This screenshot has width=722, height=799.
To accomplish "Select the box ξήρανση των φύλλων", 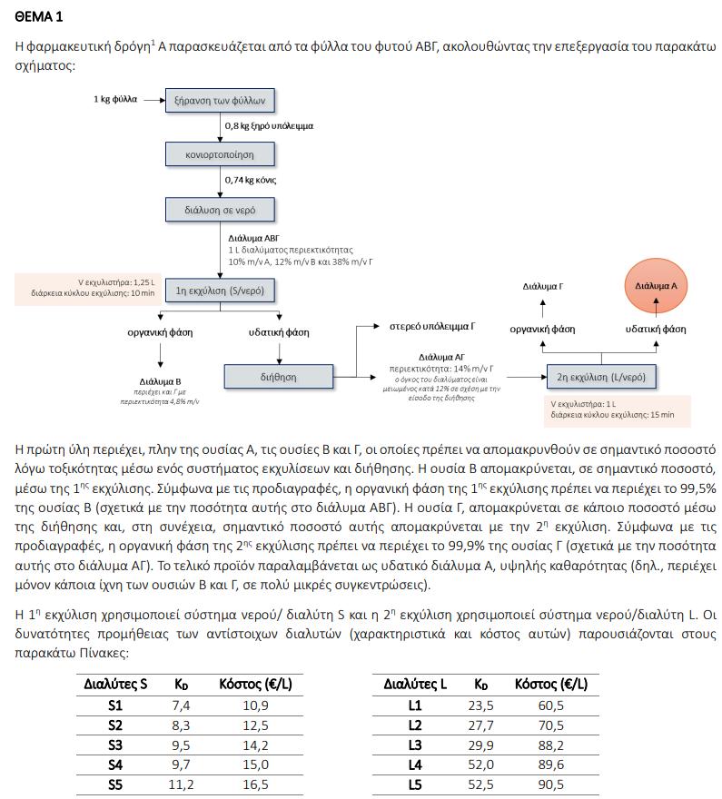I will tap(220, 100).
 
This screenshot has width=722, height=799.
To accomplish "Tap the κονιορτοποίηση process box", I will tap(220, 154).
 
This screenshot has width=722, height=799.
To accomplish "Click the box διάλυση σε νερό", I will tap(220, 210).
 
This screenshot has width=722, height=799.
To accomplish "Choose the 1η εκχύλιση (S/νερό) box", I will tap(221, 291).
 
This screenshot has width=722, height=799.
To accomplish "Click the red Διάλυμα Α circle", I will tap(656, 285).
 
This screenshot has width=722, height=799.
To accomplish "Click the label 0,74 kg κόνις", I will tap(251, 180).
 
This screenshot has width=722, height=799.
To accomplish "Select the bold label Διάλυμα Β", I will tap(161, 381).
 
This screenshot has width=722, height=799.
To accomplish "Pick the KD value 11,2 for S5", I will tap(181, 784).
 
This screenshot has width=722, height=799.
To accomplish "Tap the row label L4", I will tap(415, 764).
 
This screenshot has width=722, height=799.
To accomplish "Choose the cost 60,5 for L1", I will tap(550, 705).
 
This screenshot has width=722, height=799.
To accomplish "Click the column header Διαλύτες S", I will tap(115, 684).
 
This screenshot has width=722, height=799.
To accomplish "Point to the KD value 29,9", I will tap(480, 745).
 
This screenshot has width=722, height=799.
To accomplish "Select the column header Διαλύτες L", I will tap(415, 684).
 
